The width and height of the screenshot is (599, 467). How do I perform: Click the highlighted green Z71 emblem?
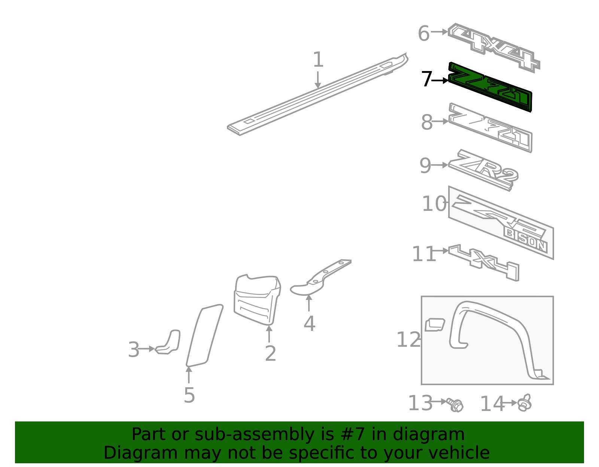(490, 87)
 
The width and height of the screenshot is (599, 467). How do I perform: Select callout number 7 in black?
(427, 79)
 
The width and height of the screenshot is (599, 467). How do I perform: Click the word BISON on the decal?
(526, 240)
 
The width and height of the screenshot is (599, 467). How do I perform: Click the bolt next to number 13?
(456, 405)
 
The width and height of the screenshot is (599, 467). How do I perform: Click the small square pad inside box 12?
(435, 325)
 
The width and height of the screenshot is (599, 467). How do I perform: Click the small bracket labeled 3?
(169, 342)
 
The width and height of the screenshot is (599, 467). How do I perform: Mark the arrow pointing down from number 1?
(318, 80)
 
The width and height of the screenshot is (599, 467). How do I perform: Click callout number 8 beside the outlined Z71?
(427, 122)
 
